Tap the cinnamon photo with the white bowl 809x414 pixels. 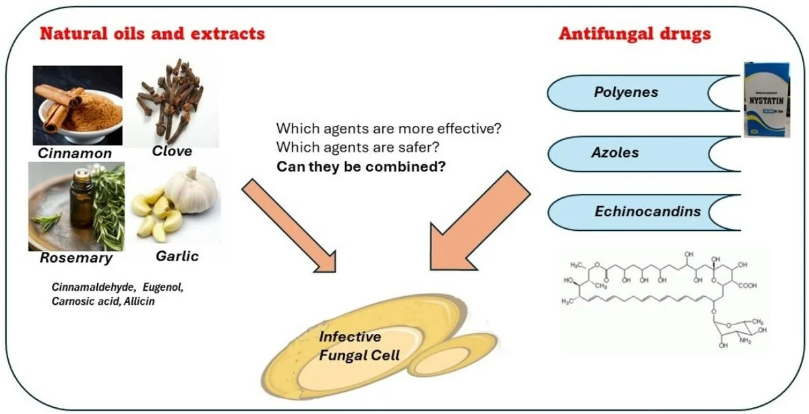[x=78, y=105]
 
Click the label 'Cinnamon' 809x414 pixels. [x=74, y=153]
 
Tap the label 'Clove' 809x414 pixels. [x=172, y=151]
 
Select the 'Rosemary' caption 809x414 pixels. [x=76, y=258]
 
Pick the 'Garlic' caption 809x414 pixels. [x=177, y=256]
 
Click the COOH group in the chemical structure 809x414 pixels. [x=745, y=285]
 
